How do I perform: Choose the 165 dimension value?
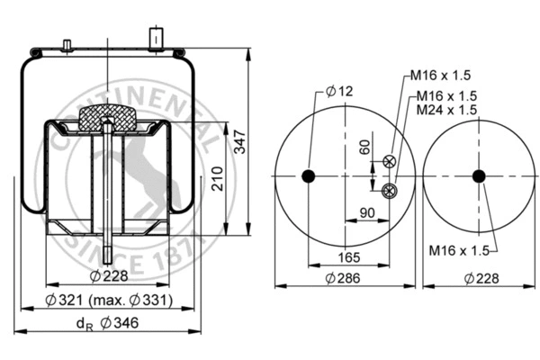pos(349,258)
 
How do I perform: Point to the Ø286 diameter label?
pos(343,279)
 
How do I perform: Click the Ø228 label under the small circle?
pos(478,279)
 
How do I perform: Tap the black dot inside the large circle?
pos(309,175)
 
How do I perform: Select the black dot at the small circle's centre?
pos(479,175)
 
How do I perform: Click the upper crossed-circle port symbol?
pos(390,162)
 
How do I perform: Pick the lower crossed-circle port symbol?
pos(389,189)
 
